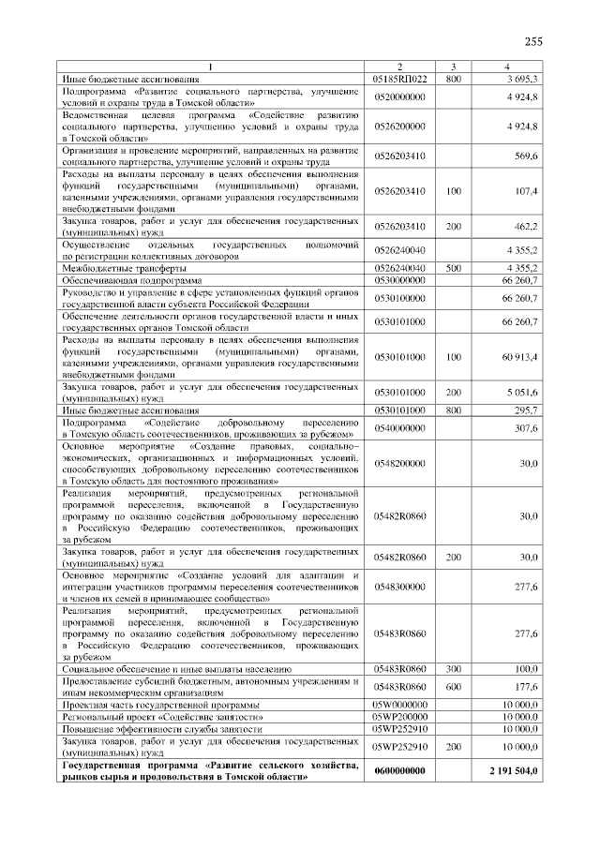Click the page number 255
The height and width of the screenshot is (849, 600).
[533, 40]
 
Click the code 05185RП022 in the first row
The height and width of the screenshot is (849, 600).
[399, 80]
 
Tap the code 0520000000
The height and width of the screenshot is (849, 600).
[399, 97]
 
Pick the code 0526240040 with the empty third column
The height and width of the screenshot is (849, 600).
[399, 250]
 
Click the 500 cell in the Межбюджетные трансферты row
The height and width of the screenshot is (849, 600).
[454, 268]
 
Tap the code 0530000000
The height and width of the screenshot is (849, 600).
[399, 279]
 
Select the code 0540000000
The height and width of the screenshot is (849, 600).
[399, 427]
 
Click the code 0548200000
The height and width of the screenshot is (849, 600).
[399, 463]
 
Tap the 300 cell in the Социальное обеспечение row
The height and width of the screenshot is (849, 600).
[454, 669]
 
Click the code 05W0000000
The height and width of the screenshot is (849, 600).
[399, 704]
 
